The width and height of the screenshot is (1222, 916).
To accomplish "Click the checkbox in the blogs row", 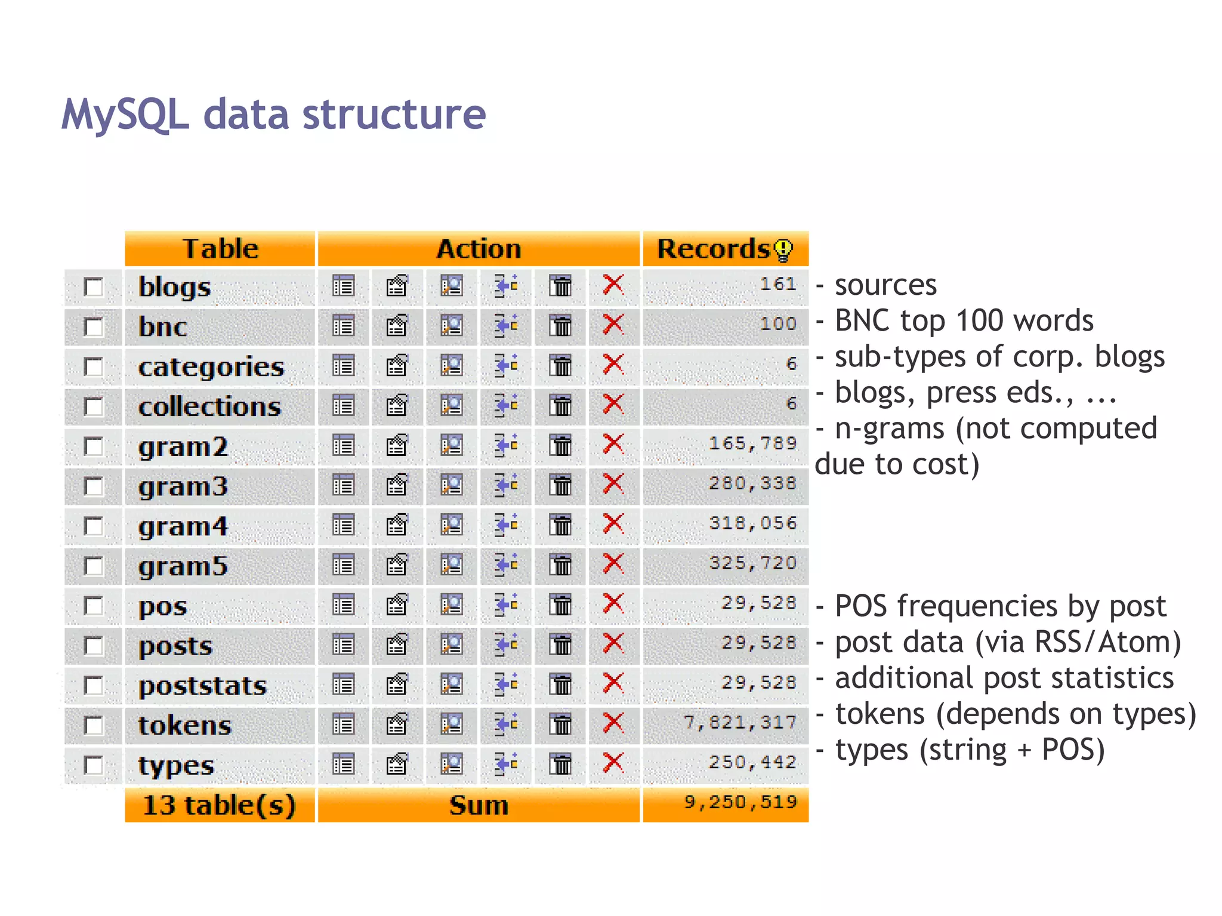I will pyautogui.click(x=94, y=287).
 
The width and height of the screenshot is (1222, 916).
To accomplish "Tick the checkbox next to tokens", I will pyautogui.click(x=94, y=726).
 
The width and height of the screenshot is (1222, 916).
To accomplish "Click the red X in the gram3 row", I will pyautogui.click(x=613, y=484).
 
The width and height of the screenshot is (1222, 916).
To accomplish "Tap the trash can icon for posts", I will pyautogui.click(x=560, y=644).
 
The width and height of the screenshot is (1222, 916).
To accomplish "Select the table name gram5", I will pyautogui.click(x=183, y=566).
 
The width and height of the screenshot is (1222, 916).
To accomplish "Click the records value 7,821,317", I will pyautogui.click(x=740, y=723).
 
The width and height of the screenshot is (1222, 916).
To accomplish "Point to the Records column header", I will pyautogui.click(x=714, y=249).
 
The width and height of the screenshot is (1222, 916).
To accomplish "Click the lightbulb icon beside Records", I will pyautogui.click(x=783, y=250).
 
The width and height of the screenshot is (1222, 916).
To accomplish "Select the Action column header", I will pyautogui.click(x=479, y=249).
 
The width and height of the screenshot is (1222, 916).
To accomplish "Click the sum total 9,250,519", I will pyautogui.click(x=740, y=802).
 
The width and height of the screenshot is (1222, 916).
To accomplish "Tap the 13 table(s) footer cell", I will pyautogui.click(x=219, y=805).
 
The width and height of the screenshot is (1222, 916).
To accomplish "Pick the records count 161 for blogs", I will pyautogui.click(x=778, y=284).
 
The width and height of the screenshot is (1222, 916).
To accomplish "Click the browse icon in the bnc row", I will pyautogui.click(x=343, y=326).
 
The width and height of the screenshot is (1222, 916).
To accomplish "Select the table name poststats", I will pyautogui.click(x=202, y=686).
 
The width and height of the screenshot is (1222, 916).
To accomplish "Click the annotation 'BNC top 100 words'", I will pyautogui.click(x=964, y=320).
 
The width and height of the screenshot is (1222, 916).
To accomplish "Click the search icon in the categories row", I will pyautogui.click(x=452, y=365).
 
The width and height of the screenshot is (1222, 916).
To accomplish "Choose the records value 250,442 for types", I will pyautogui.click(x=752, y=763).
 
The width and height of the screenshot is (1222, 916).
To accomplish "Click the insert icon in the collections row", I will pyautogui.click(x=506, y=405).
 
